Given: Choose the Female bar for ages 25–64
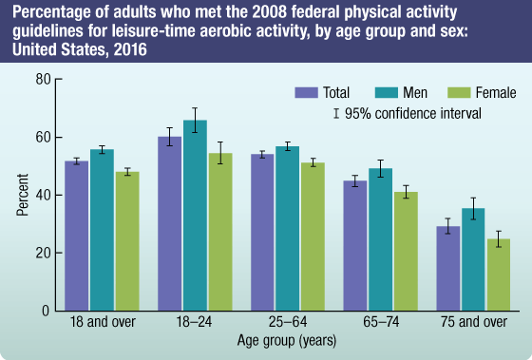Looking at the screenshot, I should tap(313, 237).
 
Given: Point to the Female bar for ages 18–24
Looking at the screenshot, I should tap(220, 232).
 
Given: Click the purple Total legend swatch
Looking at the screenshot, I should tap(305, 93).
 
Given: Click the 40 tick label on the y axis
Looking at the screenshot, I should tap(43, 195).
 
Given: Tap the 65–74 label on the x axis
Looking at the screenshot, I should tap(381, 321).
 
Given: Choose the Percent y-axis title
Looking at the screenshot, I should tap(21, 195).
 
